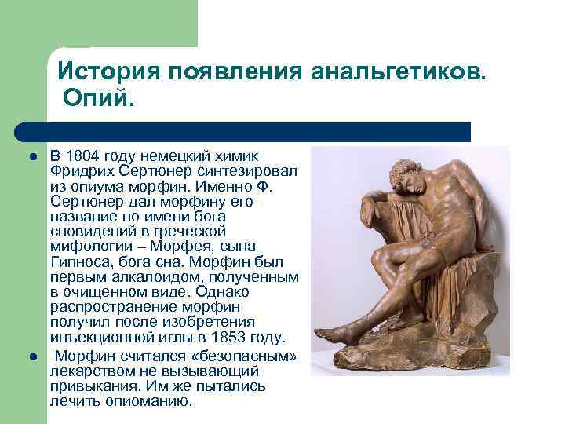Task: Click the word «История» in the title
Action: pyautogui.click(x=105, y=72)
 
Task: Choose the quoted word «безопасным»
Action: pyautogui.click(x=249, y=355)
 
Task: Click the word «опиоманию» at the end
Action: pyautogui.click(x=152, y=400)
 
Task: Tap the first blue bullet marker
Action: pyautogui.click(x=34, y=157)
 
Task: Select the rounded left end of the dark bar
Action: pyautogui.click(x=22, y=131)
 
